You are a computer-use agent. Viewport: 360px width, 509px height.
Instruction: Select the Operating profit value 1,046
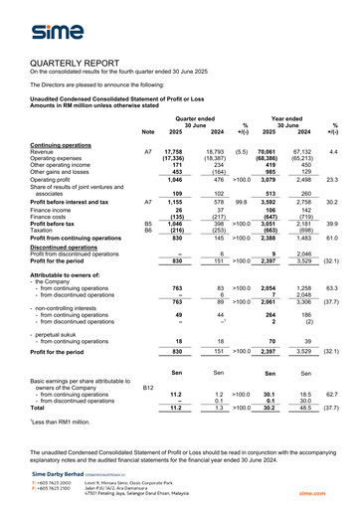pos(172,179)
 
